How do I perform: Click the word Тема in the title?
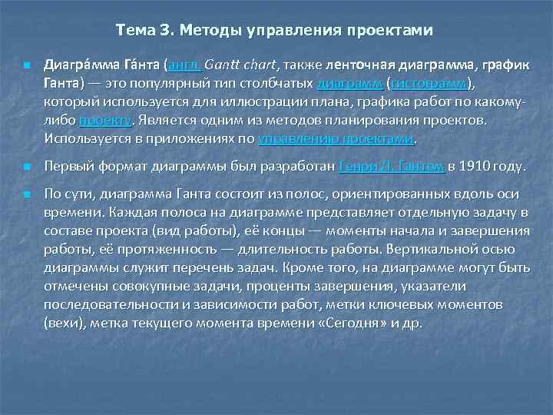(x=134, y=30)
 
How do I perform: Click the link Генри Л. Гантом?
(x=392, y=165)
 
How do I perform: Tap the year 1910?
(x=475, y=165)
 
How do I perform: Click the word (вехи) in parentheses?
(x=64, y=323)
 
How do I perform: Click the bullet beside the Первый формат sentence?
(x=27, y=166)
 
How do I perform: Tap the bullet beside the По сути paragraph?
(x=27, y=194)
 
